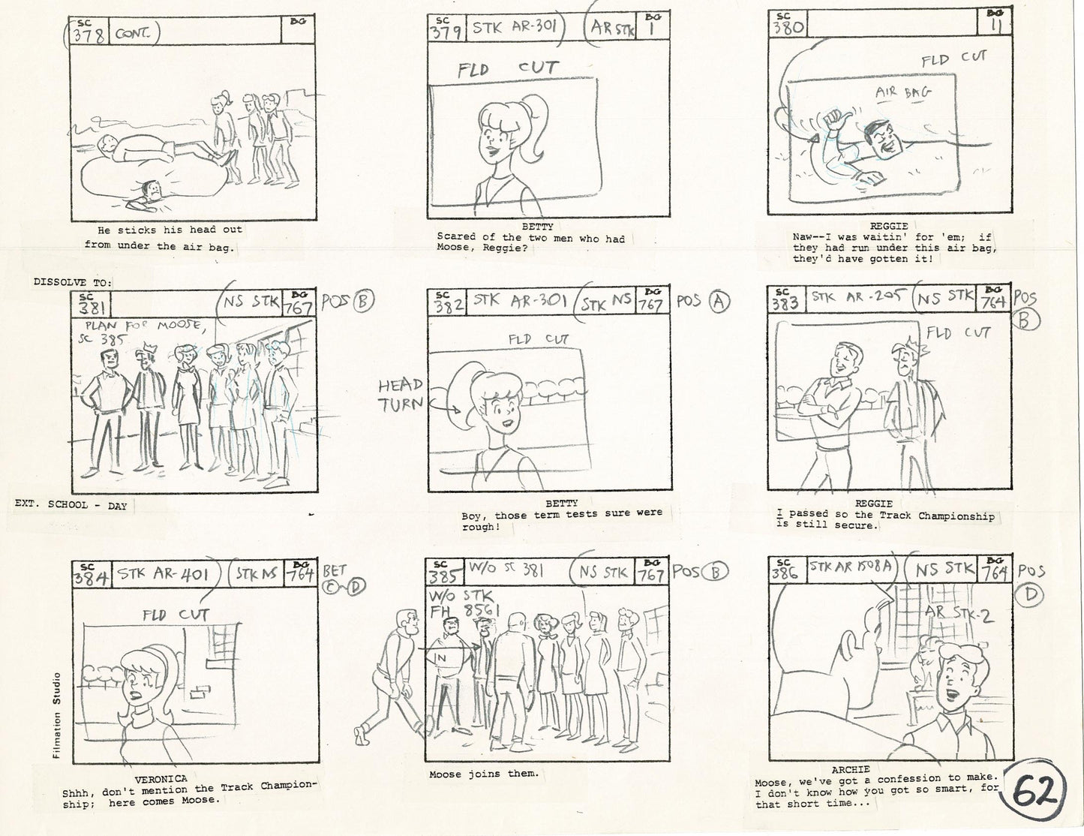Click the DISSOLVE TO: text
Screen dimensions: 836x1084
click(x=73, y=282)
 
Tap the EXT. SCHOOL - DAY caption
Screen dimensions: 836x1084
click(x=71, y=506)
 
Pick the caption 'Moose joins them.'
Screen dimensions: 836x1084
click(x=484, y=774)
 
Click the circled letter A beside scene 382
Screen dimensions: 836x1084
click(x=719, y=302)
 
